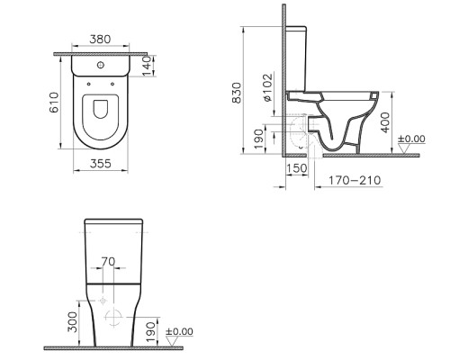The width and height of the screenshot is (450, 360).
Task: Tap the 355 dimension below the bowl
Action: pos(100,163)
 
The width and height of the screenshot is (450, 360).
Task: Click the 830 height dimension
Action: pos(237,94)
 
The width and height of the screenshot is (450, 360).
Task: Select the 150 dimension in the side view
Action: pos(296,167)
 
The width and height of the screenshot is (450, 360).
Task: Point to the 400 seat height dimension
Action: pos(385,121)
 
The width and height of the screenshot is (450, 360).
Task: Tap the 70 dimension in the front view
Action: pos(108,262)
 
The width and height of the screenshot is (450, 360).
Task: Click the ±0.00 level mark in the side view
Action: pos(413,139)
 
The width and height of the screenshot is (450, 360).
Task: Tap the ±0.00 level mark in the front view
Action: pos(180,331)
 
